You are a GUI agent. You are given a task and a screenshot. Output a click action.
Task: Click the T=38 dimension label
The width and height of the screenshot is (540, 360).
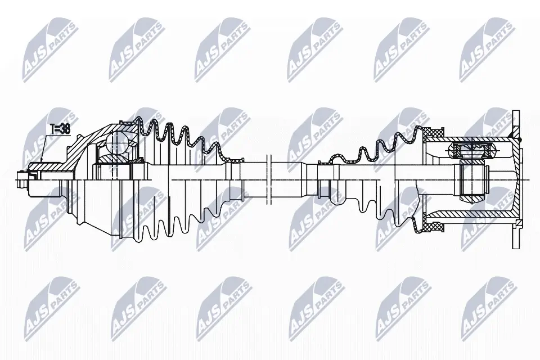click(x=60, y=129)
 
